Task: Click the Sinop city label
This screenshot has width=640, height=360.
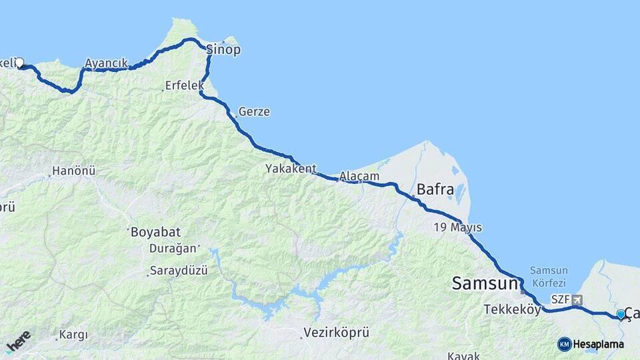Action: coord(223,50)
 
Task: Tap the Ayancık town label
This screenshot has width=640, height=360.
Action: coord(106,63)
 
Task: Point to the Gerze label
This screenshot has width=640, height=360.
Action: coord(254,111)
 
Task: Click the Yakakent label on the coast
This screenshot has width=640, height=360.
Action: coord(291,169)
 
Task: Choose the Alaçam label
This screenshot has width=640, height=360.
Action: coord(359,177)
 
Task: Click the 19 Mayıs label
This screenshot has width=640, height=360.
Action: coord(457,227)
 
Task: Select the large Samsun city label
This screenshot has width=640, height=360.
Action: coord(485,283)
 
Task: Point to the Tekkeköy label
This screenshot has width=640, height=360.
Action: coord(512,309)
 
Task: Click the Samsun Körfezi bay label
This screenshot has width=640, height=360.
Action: coord(549,276)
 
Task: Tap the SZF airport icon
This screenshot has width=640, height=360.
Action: coord(577,300)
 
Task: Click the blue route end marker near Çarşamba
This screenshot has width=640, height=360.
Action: coord(621,314)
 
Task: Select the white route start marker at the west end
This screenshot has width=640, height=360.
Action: coord(19,63)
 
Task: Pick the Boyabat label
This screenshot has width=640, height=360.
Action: coord(152,233)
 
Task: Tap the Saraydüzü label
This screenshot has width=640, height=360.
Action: coord(179,271)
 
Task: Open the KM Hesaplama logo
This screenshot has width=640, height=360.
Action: coord(591,344)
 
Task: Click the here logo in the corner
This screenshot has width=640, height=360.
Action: coord(19,341)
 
